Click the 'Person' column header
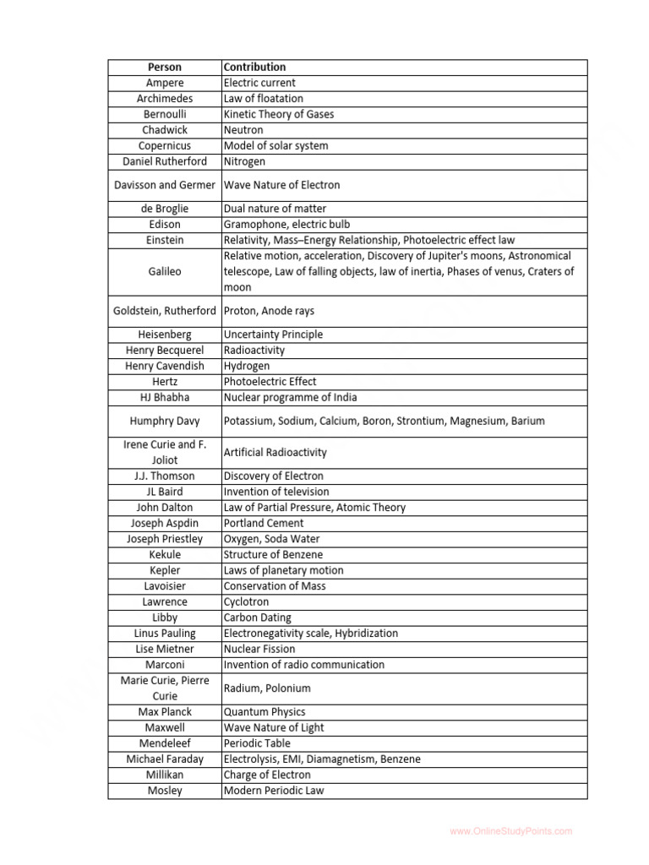[x=164, y=67]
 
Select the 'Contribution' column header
[x=254, y=67]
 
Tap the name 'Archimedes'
[x=164, y=99]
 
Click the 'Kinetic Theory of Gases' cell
[x=278, y=114]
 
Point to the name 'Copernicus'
[x=164, y=146]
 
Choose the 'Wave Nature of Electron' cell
[x=281, y=185]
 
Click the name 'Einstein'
[x=164, y=241]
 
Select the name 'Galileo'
[x=164, y=272]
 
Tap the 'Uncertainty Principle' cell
[x=273, y=335]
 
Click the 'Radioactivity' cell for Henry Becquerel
[x=254, y=350]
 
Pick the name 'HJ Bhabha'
[x=164, y=397]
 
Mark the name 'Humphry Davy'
[x=164, y=421]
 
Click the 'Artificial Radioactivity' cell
[x=275, y=453]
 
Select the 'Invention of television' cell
[x=276, y=492]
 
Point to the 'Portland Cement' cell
[x=264, y=523]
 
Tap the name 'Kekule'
[x=164, y=555]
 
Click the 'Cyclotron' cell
[x=248, y=602]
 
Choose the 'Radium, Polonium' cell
[x=267, y=688]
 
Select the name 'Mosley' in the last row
[x=164, y=791]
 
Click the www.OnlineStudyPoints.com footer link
[x=510, y=831]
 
